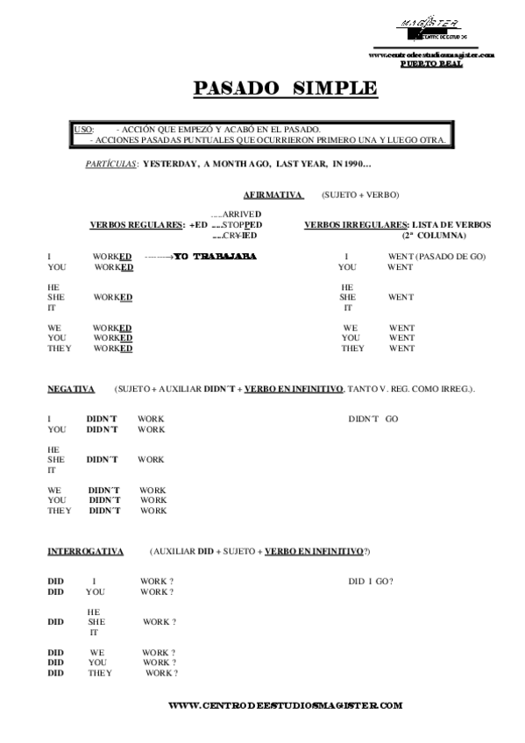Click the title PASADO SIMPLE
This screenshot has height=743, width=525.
coord(285,88)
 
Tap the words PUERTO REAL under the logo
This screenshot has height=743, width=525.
coord(426,64)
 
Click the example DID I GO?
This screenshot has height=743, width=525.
coord(370,582)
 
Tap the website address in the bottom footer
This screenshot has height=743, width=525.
coord(284,704)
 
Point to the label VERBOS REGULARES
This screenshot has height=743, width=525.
coord(137,224)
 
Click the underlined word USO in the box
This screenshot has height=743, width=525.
coord(84,129)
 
